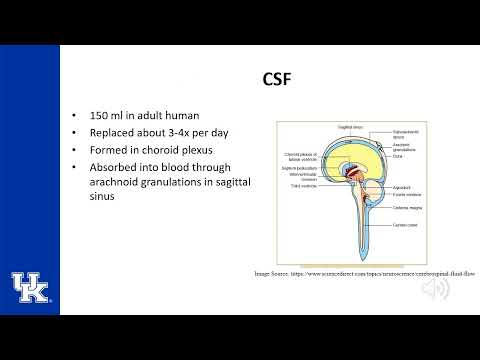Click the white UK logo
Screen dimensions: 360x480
30,287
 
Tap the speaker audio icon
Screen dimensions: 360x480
436,289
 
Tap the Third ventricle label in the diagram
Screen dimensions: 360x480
299,186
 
